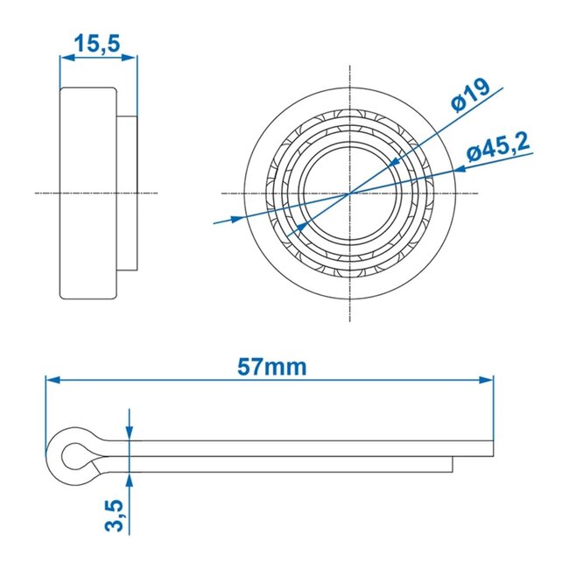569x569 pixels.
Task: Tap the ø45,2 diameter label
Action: coord(496,149)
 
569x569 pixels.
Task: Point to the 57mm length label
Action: coord(273,367)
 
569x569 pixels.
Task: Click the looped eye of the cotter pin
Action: coord(72,455)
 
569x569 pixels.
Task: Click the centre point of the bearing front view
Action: coord(349,192)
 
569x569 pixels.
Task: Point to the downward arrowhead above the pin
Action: coord(129,432)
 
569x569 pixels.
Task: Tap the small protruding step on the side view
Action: coord(127,192)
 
